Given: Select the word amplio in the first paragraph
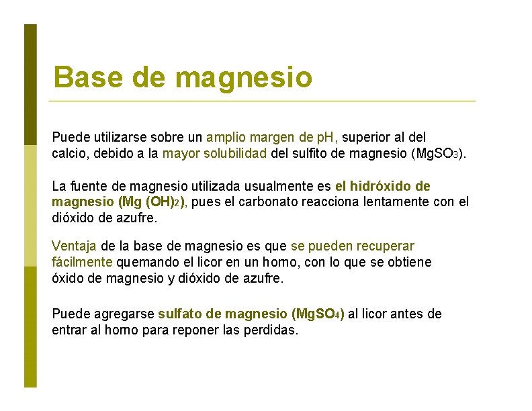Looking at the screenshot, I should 227,138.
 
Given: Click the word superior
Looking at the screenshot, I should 369,138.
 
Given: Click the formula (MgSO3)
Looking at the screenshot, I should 438,154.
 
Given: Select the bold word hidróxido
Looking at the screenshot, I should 382,186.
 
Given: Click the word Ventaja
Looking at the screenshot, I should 74,246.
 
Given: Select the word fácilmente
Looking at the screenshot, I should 83,262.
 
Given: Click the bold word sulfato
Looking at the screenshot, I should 180,314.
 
